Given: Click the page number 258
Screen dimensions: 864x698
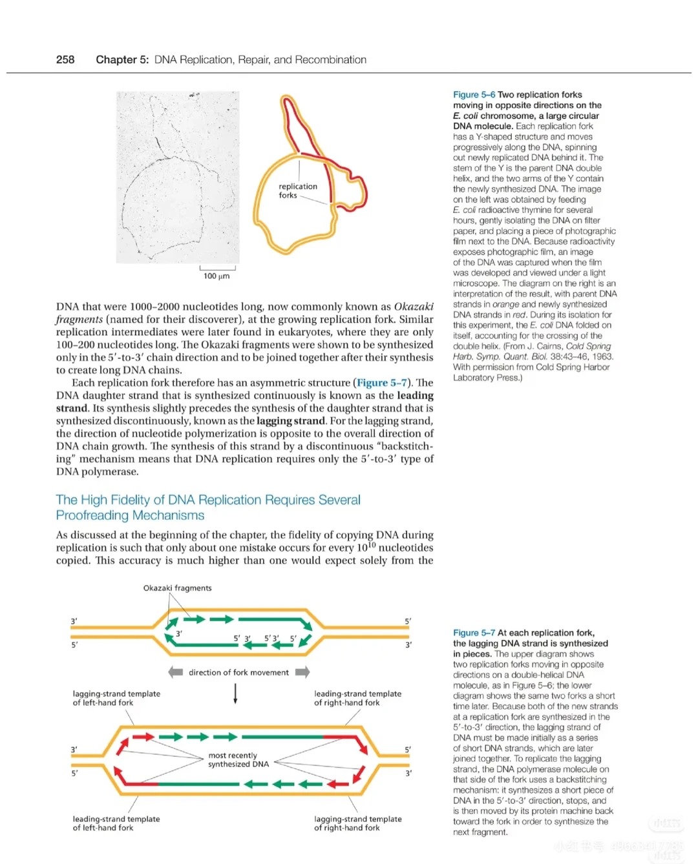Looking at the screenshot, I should tap(65, 60).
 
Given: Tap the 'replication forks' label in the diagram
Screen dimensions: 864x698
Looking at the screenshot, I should tap(298, 190).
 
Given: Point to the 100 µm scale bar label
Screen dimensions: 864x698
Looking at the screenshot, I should tap(217, 276).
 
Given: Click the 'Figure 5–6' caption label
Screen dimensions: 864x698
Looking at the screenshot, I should tap(474, 95).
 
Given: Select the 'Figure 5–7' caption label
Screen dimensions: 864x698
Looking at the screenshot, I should tap(474, 633).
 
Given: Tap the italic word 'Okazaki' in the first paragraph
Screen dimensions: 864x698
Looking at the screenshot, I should tap(414, 307).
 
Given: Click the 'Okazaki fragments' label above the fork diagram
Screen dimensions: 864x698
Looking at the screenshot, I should tap(177, 588).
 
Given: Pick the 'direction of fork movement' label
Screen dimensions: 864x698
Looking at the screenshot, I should tap(238, 673).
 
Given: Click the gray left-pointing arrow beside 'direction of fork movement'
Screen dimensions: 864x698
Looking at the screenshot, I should tap(175, 672).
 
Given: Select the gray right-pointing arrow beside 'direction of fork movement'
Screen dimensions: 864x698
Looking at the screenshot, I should tap(302, 672).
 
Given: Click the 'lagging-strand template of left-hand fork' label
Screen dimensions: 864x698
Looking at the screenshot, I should tap(116, 698).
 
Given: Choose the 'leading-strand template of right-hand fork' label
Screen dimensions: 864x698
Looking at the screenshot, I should tap(357, 698).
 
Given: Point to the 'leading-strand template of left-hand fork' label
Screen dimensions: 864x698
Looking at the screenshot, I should tap(116, 823).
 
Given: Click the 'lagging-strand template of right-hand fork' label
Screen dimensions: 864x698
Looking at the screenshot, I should tap(357, 823).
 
